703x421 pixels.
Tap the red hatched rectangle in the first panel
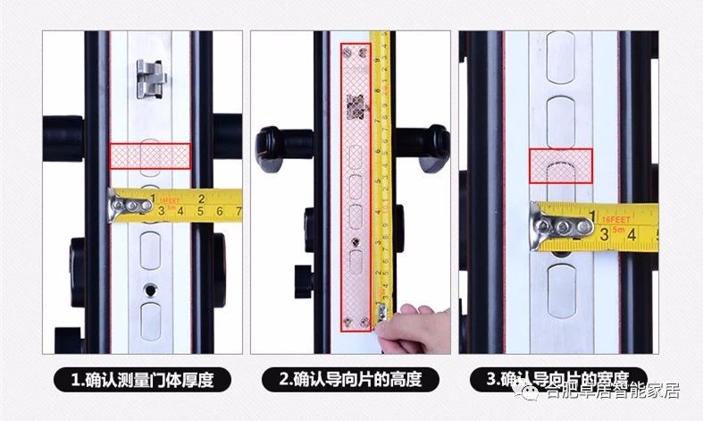[x=150, y=156]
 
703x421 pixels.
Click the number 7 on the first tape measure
[x=239, y=211]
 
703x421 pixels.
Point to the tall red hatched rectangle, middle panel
[x=357, y=186]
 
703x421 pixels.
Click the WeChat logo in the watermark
[x=533, y=391]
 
